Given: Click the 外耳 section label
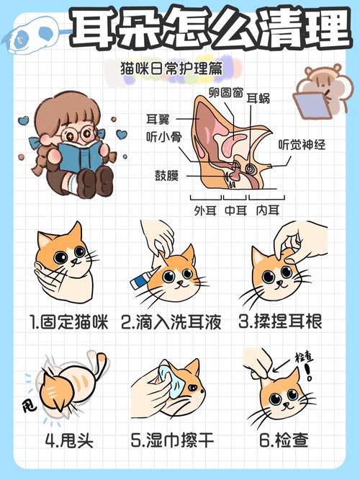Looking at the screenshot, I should (x=204, y=210).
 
